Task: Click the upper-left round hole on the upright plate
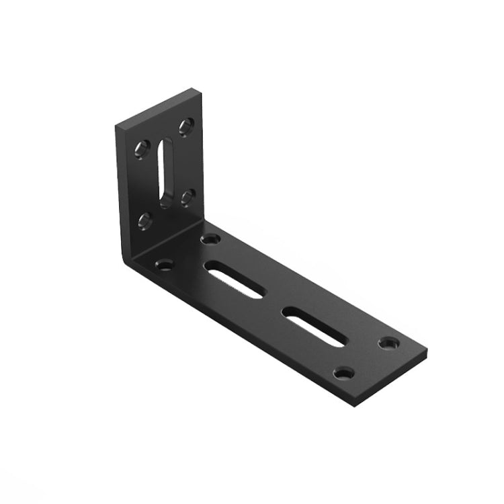[142, 147]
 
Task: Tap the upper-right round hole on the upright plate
[186, 126]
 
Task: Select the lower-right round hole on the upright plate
[187, 196]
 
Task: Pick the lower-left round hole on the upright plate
[144, 219]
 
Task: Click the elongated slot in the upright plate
[165, 171]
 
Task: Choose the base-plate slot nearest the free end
[313, 326]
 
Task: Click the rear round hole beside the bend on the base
[211, 239]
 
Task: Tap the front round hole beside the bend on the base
[164, 265]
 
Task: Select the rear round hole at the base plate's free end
[388, 343]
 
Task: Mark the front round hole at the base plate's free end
[344, 372]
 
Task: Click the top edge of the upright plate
[157, 106]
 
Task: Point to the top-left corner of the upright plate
[116, 126]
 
